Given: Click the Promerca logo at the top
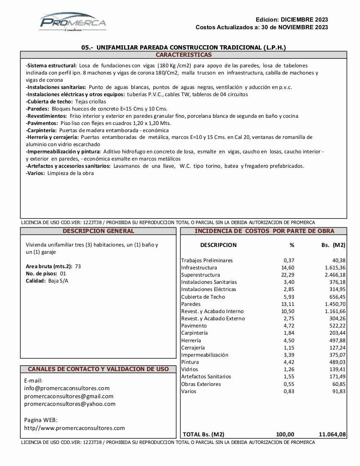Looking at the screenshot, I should [73, 22].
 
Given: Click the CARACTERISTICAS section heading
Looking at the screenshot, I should [183, 55].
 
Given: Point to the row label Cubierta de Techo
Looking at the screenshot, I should [203, 297].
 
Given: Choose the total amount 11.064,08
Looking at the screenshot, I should [332, 434].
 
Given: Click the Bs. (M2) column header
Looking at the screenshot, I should [334, 245].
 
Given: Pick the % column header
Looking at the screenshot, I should [292, 245].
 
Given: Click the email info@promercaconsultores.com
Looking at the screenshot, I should [67, 388].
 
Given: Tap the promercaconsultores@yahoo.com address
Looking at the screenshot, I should [70, 404].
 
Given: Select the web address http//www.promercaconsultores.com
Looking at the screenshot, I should [75, 428].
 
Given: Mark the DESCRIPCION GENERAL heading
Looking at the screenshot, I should [98, 231].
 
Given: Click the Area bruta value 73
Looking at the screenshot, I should [78, 266].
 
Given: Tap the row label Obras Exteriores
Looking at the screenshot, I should [201, 384].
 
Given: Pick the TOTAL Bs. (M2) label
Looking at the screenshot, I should [203, 434].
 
